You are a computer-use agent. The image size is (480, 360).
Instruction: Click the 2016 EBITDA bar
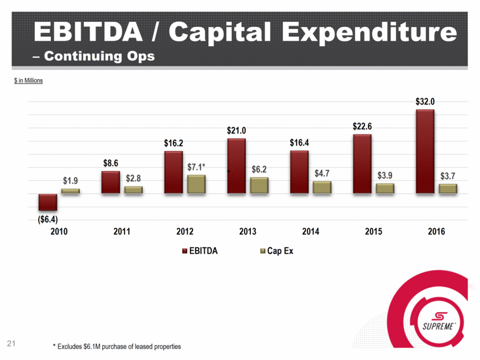425,151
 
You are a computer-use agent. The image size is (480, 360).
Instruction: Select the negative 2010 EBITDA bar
47,202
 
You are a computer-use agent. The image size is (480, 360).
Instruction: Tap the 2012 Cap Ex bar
197,184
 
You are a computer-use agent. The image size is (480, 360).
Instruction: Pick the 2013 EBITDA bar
237,166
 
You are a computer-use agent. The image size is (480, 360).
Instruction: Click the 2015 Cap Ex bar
385,188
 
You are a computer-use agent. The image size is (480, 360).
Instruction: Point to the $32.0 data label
425,101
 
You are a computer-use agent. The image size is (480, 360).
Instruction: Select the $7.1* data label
197,167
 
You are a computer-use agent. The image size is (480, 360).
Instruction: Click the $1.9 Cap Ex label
71,181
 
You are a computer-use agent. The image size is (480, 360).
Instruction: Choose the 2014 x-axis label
311,232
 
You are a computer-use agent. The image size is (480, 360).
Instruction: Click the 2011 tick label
121,232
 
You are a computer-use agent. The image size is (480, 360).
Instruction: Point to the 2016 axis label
436,232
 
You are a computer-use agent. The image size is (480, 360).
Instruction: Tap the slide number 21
10,344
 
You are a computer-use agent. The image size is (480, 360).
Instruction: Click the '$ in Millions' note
28,80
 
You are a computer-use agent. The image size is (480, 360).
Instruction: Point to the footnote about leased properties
116,347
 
